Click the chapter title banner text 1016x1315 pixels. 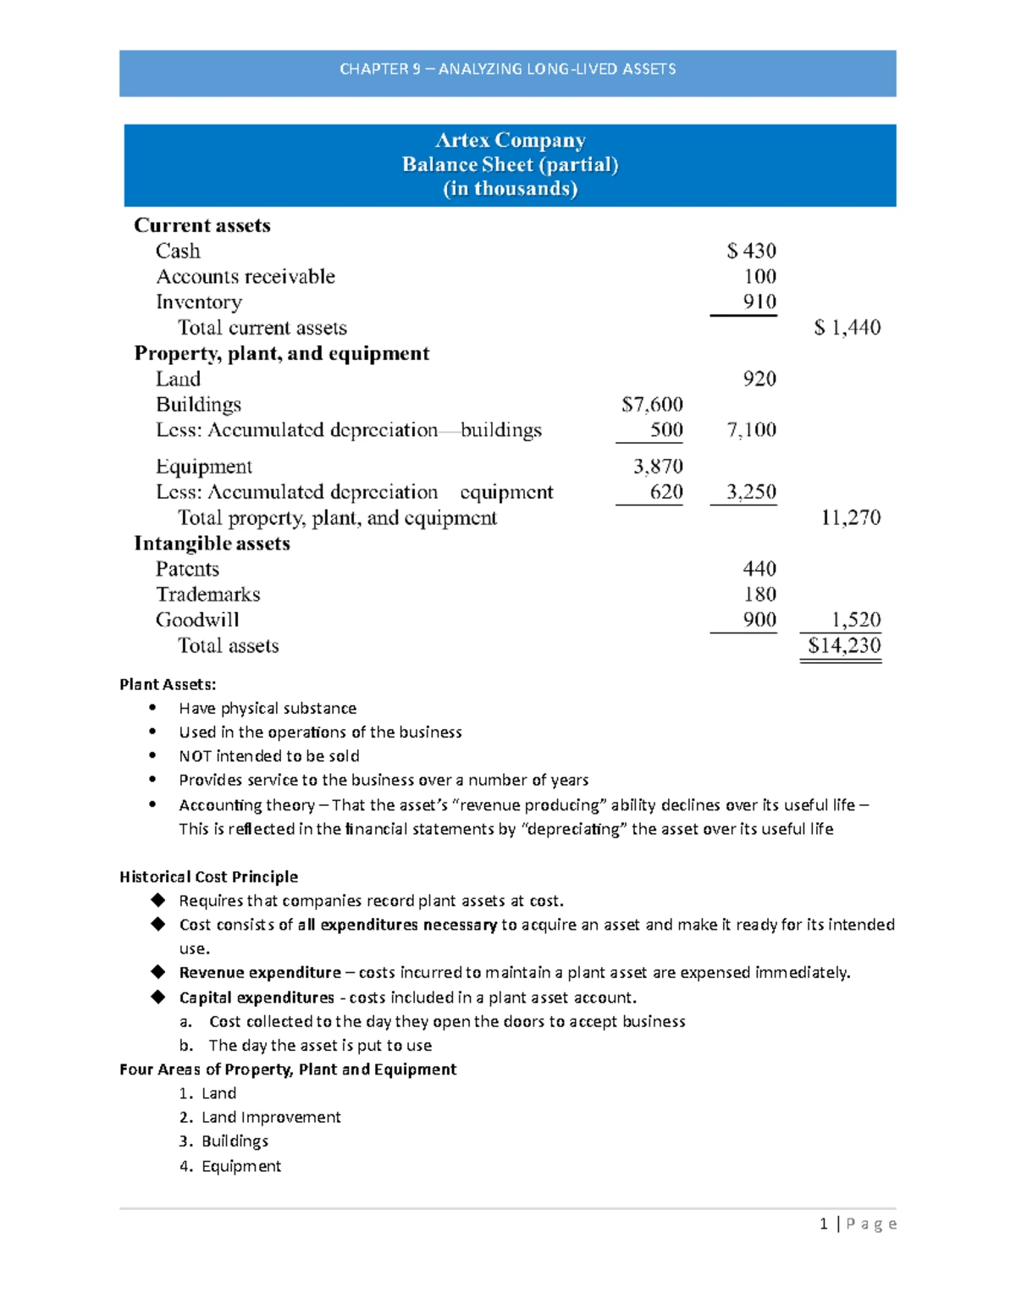tap(507, 69)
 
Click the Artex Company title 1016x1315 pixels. tap(510, 141)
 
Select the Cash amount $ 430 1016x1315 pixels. tap(751, 251)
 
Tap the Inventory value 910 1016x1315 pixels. tap(759, 302)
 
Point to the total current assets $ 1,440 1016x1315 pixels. tap(847, 328)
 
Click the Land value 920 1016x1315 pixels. tap(759, 378)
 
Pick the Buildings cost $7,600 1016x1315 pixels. tap(652, 405)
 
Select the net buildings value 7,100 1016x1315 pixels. tap(751, 430)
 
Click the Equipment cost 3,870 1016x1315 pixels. tap(658, 467)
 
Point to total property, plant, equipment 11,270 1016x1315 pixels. tap(850, 517)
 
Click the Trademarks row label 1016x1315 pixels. tap(207, 594)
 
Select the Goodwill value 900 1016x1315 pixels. tap(759, 620)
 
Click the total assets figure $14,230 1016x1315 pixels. tap(843, 645)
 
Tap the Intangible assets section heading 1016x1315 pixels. tap(212, 544)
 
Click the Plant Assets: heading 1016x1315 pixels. tap(168, 684)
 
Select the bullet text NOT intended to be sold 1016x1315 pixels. tap(268, 756)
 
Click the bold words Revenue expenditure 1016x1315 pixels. tap(259, 973)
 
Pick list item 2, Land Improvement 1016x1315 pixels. tap(270, 1118)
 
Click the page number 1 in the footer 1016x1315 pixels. tap(823, 1224)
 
